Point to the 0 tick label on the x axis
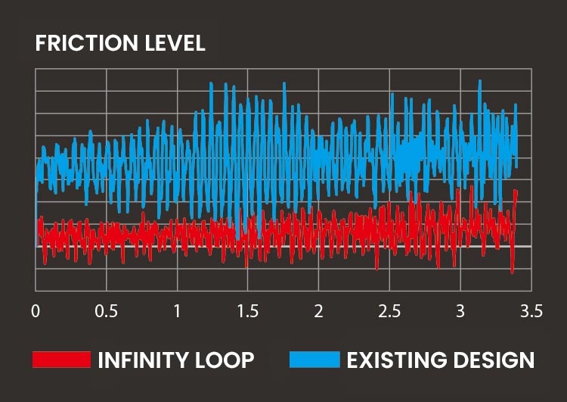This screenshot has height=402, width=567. pos(36,311)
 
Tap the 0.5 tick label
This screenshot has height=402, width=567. pos(106,311)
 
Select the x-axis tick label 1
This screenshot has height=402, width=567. pos(177,311)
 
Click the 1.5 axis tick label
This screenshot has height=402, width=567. pos(247,311)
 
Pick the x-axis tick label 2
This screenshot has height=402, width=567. pos(318,311)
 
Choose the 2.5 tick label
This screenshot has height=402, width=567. pos(389,311)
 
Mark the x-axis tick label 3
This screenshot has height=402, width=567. pos(460,311)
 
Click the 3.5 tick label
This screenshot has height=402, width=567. pos(531,311)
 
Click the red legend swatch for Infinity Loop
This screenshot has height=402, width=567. pos(61,360)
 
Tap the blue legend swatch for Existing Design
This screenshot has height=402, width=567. pos(314,360)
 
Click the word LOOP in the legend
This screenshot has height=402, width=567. pos(227,360)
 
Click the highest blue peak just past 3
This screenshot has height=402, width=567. pos(479,81)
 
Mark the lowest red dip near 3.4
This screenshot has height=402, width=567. pos(512,272)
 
